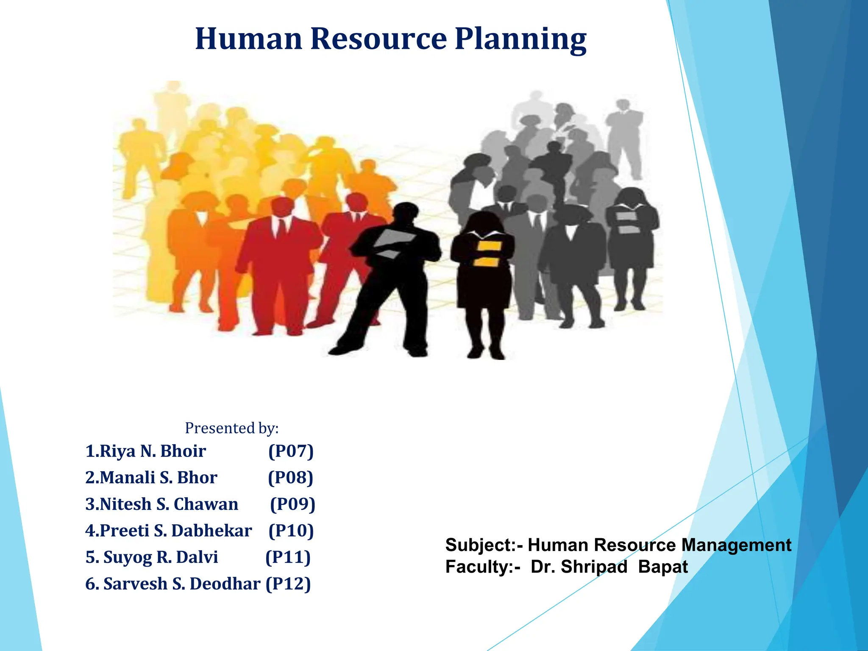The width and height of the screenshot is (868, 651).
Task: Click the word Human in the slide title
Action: (x=249, y=39)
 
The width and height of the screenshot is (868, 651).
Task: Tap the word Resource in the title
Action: (x=378, y=39)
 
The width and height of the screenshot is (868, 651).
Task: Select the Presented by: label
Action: (x=232, y=428)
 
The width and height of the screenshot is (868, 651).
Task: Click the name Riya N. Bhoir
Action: (x=145, y=451)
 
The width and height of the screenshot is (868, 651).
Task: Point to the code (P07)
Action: (x=291, y=451)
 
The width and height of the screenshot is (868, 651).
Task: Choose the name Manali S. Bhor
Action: (x=151, y=478)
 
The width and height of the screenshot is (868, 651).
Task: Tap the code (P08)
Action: (x=291, y=478)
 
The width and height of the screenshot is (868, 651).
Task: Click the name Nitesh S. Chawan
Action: (x=162, y=504)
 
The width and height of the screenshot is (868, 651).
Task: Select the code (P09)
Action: (x=293, y=504)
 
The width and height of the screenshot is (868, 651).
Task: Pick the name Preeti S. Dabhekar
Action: (x=169, y=531)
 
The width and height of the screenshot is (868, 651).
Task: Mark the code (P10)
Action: (x=291, y=531)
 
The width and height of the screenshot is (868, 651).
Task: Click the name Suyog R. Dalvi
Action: (x=152, y=557)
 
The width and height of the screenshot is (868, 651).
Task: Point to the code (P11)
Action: (x=288, y=557)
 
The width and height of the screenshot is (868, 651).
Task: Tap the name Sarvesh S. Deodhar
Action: (x=173, y=584)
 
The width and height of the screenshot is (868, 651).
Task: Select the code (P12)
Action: (x=288, y=584)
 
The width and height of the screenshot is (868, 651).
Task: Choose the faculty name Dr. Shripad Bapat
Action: (x=609, y=567)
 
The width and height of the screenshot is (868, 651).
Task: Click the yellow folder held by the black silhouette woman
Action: (x=486, y=253)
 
